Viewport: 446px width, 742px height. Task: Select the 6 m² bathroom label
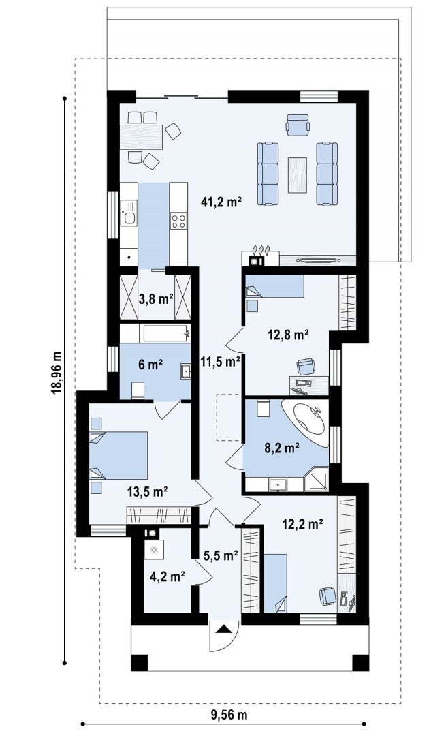(150, 365)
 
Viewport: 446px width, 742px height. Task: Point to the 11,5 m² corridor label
(221, 362)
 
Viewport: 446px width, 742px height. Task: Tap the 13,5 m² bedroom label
(148, 491)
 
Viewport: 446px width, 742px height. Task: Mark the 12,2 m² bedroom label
(302, 524)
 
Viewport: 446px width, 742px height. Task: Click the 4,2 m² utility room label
(167, 576)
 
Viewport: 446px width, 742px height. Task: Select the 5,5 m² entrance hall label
(220, 555)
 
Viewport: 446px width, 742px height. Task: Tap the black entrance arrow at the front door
(224, 629)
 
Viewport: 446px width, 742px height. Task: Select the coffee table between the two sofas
(297, 175)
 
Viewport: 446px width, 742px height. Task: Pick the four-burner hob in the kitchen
(178, 221)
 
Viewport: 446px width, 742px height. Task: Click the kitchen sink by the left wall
(128, 213)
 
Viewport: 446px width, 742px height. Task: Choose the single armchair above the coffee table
(298, 124)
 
